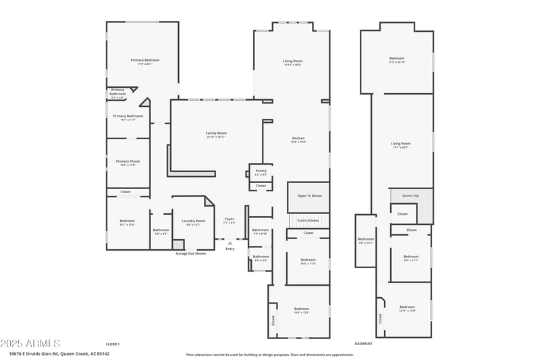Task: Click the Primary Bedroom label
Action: tap(145, 60)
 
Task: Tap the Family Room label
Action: tap(216, 133)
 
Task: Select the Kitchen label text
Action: tap(298, 138)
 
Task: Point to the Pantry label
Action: tap(261, 171)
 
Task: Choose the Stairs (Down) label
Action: tap(308, 220)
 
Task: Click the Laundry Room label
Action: tap(193, 221)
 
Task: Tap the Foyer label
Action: tap(229, 220)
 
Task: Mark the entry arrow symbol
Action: tap(230, 242)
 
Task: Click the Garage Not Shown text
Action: tap(191, 253)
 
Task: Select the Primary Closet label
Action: tap(128, 161)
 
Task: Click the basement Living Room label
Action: tap(401, 143)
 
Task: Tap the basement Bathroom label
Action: tap(366, 238)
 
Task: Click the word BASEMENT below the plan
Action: tap(363, 344)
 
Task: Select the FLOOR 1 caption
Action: tap(113, 344)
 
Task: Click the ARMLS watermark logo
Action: tap(30, 343)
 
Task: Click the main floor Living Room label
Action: tap(292, 61)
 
